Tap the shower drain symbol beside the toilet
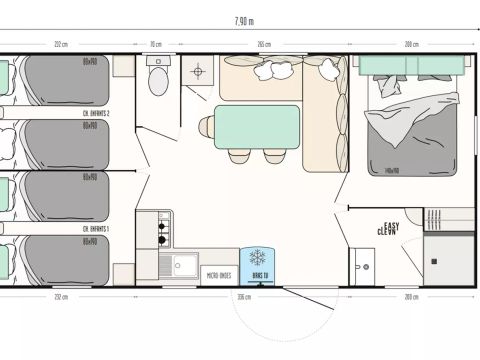tap(198, 73)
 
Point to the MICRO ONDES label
tap(220, 274)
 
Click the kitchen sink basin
tap(180, 265)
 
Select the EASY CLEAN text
tap(389, 228)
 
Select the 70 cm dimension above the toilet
tap(155, 45)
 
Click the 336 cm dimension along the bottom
tap(242, 297)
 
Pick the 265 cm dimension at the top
tap(263, 45)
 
